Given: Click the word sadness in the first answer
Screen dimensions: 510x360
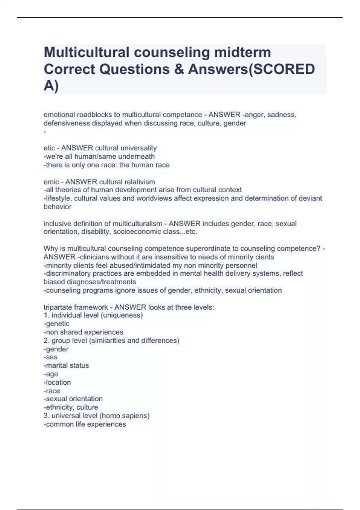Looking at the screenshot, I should click(x=281, y=115).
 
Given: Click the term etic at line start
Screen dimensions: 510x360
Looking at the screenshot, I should click(x=49, y=148).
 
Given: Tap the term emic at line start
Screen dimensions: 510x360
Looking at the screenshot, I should click(x=51, y=182).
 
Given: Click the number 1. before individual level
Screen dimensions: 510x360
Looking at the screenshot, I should click(x=46, y=315).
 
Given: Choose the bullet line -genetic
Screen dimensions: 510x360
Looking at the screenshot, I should click(x=56, y=324).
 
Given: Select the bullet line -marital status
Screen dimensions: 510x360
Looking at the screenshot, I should click(x=66, y=365).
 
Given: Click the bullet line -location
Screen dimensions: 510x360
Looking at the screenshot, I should click(x=57, y=382).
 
